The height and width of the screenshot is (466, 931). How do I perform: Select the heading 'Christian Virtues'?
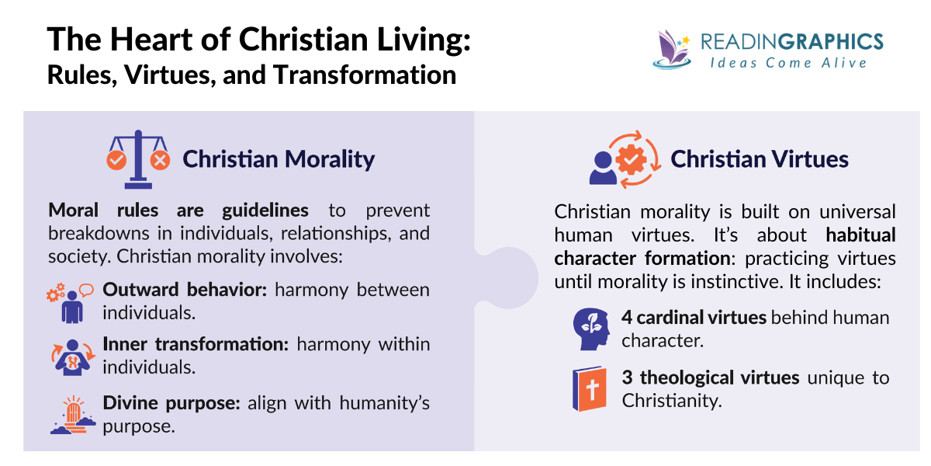pyautogui.click(x=760, y=159)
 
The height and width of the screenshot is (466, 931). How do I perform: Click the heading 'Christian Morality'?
pyautogui.click(x=279, y=159)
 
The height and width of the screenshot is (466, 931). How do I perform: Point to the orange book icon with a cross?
pyautogui.click(x=589, y=389)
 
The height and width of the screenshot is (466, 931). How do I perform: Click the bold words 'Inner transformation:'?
pyautogui.click(x=192, y=344)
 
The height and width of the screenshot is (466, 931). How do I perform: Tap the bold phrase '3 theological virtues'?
pyautogui.click(x=710, y=378)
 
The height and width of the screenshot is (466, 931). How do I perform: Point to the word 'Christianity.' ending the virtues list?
pyautogui.click(x=672, y=401)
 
